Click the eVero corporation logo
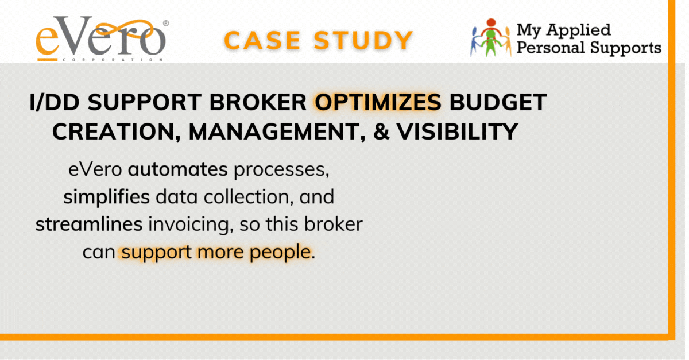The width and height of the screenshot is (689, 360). click(102, 38)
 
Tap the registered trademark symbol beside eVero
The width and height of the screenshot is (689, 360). click(166, 24)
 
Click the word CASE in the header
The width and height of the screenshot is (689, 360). click(262, 40)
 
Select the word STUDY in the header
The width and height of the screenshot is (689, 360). click(363, 40)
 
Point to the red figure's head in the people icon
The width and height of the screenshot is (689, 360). click(491, 22)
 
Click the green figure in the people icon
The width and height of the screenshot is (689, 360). click(490, 43)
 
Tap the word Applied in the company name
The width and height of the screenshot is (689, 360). click(579, 31)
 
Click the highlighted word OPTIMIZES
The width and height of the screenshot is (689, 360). click(378, 102)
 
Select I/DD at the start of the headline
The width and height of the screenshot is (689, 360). click(55, 102)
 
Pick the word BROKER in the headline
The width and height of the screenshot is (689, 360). click(258, 102)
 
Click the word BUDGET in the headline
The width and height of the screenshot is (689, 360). click(498, 102)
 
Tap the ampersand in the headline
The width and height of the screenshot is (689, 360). click(381, 131)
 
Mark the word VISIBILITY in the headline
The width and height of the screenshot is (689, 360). click(457, 131)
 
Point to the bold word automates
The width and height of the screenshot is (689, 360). click(178, 169)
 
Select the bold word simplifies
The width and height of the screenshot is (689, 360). click(106, 198)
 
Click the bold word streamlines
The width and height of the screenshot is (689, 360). click(89, 224)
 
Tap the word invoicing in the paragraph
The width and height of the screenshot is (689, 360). click(189, 225)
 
